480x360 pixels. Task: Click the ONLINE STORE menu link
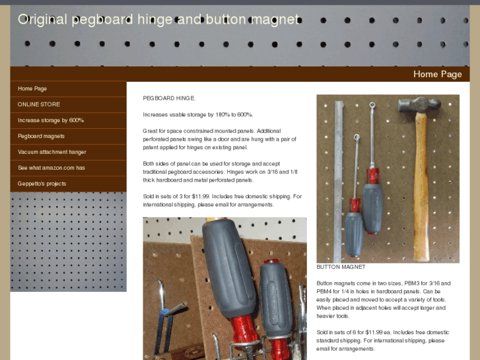pyautogui.click(x=38, y=104)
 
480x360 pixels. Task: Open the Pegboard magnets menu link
pyautogui.click(x=41, y=136)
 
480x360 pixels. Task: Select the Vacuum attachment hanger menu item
pyautogui.click(x=51, y=152)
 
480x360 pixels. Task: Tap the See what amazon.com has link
pyautogui.click(x=51, y=168)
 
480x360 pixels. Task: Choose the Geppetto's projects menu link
pyautogui.click(x=42, y=184)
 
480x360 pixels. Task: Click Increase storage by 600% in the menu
pyautogui.click(x=51, y=120)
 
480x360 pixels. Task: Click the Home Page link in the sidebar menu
pyautogui.click(x=32, y=89)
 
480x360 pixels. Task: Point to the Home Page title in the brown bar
pyautogui.click(x=438, y=74)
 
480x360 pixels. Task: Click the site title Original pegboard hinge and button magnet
pyautogui.click(x=158, y=20)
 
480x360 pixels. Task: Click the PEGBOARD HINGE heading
pyautogui.click(x=169, y=98)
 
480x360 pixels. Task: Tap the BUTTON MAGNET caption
pyautogui.click(x=341, y=267)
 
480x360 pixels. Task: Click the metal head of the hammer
pyautogui.click(x=419, y=105)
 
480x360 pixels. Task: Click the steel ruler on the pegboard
pyautogui.click(x=338, y=182)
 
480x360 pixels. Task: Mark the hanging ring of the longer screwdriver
pyautogui.click(x=372, y=106)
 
